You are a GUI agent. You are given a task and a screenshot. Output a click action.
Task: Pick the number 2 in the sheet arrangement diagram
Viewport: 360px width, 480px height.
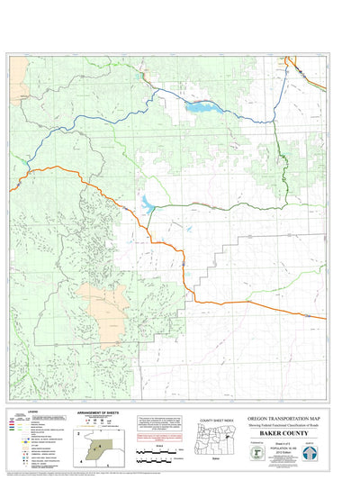tap(79, 434)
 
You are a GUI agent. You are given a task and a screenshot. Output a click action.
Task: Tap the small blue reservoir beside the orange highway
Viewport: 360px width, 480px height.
tap(146, 204)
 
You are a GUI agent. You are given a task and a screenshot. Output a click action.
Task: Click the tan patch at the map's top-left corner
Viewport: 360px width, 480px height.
tap(18, 66)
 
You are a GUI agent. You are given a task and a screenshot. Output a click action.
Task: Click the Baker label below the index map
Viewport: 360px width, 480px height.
tap(216, 458)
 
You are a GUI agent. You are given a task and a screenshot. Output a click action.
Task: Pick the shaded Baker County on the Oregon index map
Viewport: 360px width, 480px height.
tap(228, 433)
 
